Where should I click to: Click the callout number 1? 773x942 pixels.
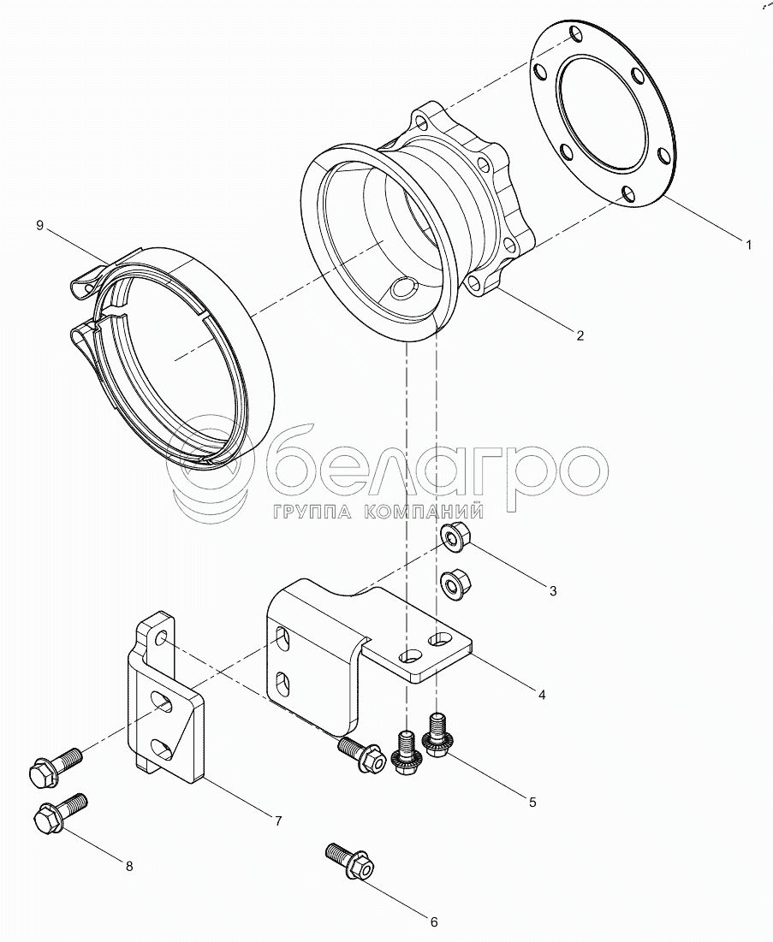pyautogui.click(x=748, y=245)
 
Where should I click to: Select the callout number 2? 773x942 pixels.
pyautogui.click(x=580, y=336)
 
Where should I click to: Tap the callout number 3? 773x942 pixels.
pyautogui.click(x=554, y=590)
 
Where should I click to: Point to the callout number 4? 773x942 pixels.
pyautogui.click(x=542, y=695)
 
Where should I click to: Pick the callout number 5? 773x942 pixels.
pyautogui.click(x=532, y=802)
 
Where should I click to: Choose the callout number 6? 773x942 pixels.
pyautogui.click(x=433, y=921)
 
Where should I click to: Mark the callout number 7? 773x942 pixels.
pyautogui.click(x=278, y=821)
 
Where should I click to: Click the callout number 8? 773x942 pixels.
pyautogui.click(x=129, y=866)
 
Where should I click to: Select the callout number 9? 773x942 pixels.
pyautogui.click(x=39, y=225)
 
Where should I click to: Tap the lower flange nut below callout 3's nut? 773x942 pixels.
pyautogui.click(x=455, y=582)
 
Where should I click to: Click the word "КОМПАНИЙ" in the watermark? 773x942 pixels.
pyautogui.click(x=425, y=512)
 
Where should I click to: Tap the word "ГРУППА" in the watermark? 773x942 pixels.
pyautogui.click(x=312, y=512)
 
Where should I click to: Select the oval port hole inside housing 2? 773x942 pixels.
pyautogui.click(x=402, y=288)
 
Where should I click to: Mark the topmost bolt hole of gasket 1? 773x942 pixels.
pyautogui.click(x=576, y=33)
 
